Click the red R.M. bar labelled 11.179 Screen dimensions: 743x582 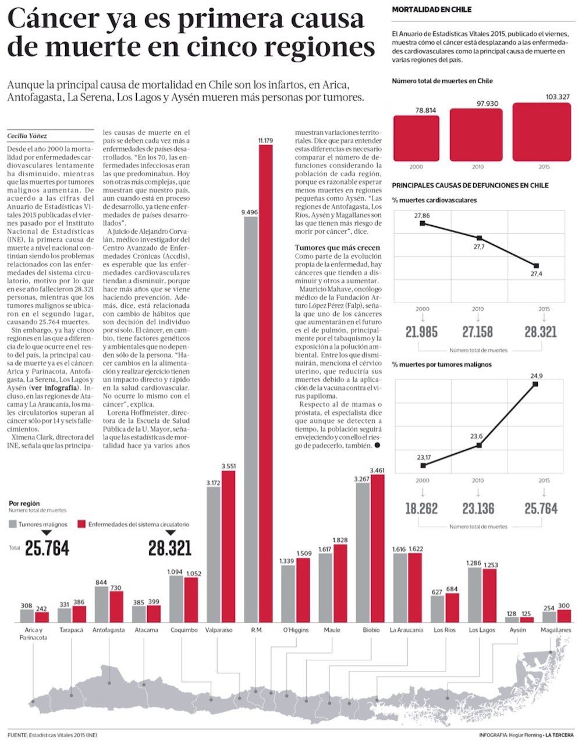click(265, 384)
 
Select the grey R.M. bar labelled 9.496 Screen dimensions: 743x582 click(251, 419)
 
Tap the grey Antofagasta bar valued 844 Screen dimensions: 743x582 click(101, 605)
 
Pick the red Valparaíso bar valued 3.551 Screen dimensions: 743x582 click(228, 546)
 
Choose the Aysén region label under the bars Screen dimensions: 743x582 click(517, 630)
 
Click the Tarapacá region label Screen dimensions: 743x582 click(72, 630)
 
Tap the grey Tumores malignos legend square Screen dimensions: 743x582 click(13, 524)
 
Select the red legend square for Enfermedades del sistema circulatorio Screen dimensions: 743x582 click(82, 524)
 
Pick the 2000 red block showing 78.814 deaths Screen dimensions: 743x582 click(416, 138)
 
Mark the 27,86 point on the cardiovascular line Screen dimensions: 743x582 click(422, 223)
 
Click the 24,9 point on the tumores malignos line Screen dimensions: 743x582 click(535, 384)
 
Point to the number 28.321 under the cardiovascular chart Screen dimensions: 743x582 click(540, 332)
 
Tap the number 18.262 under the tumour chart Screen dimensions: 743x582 click(421, 509)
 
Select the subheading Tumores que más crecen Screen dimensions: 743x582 click(337, 248)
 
